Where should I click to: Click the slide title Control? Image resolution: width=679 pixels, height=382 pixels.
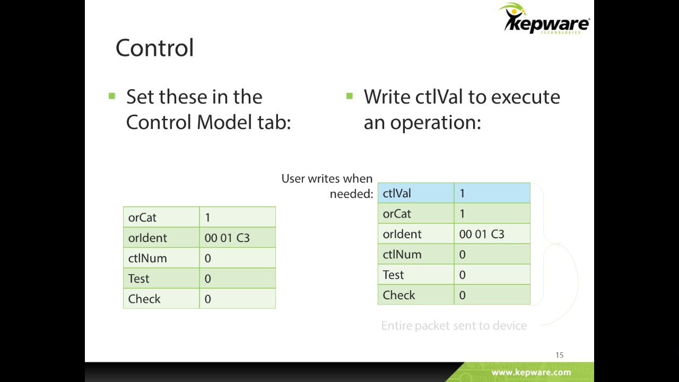(154, 48)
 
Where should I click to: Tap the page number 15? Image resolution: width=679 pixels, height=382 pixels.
(559, 355)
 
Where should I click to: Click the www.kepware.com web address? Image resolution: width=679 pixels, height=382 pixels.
(531, 372)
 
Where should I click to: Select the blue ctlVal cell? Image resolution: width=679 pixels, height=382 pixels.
(415, 193)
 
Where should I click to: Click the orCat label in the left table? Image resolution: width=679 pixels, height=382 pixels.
(142, 218)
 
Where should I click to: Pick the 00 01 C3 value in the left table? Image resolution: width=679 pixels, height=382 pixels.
(227, 238)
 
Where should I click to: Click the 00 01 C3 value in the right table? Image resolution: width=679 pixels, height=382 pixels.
(482, 234)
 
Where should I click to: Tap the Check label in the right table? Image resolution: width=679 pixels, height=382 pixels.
(399, 295)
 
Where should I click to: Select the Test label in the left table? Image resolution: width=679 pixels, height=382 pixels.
(138, 279)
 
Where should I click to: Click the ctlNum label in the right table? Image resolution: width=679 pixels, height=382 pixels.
(402, 255)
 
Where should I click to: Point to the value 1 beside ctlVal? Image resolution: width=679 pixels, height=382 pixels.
(462, 194)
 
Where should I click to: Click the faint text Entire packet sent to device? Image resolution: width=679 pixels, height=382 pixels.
(454, 326)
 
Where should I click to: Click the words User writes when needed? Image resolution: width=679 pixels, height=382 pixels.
(327, 186)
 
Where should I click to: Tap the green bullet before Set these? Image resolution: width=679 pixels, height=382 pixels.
(111, 96)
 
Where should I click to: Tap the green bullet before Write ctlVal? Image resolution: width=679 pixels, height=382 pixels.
(349, 96)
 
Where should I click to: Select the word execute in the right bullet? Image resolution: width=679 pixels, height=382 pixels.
(525, 97)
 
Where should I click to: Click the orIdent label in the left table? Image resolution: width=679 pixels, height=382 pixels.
(147, 238)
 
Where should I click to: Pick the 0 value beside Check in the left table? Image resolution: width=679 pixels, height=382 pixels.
(207, 299)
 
